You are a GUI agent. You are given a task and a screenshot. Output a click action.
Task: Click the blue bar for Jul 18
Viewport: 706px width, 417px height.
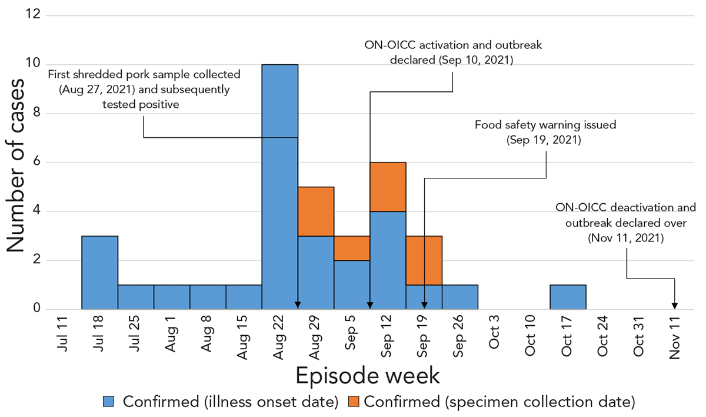[x=99, y=272]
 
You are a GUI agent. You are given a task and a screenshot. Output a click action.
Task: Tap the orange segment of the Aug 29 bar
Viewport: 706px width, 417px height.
[x=316, y=211]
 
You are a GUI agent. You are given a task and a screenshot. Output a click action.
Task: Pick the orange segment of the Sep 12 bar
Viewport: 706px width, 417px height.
[x=388, y=186]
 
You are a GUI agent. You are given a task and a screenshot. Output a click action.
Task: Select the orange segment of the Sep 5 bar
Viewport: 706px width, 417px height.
[x=352, y=247]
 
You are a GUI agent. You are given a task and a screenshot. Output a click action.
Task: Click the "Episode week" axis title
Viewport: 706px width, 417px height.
[x=368, y=375]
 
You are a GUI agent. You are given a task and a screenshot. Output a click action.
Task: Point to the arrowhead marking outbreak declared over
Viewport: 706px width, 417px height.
[x=675, y=305]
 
